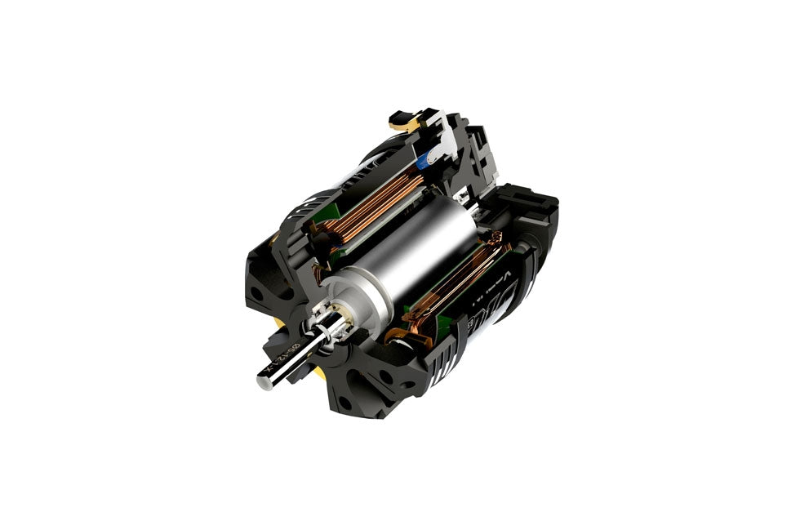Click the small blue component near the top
click(424, 163)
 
